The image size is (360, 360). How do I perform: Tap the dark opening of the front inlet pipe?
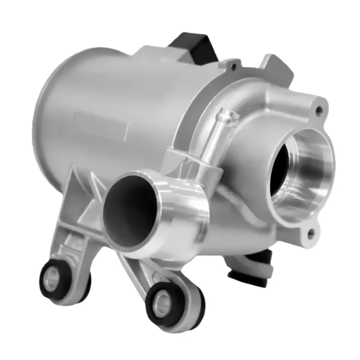(128, 211)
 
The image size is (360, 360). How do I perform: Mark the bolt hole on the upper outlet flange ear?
(319, 110)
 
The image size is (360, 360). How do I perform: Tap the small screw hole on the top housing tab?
(232, 67)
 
